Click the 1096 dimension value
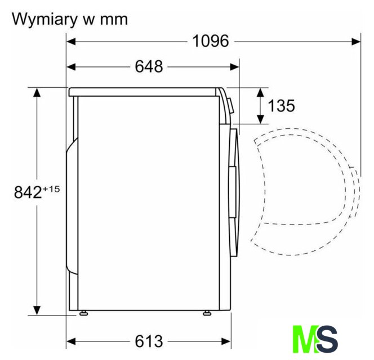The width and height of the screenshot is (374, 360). tap(211, 41)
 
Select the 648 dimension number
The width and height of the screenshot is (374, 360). tap(149, 66)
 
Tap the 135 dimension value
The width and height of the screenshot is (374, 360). tap(282, 106)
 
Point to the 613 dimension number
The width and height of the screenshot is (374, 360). tap(149, 341)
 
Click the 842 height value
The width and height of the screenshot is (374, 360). tap(28, 192)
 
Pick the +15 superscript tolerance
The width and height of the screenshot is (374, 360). tap(51, 189)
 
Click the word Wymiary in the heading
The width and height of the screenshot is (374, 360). tap(43, 19)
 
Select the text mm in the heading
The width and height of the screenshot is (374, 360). tap(114, 20)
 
